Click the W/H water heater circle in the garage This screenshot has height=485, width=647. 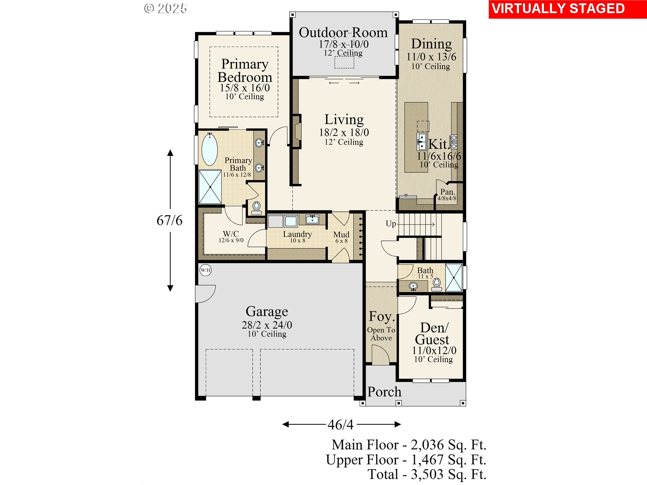(206, 270)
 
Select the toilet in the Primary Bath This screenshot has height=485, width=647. (256, 208)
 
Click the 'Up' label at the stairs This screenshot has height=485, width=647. (391, 224)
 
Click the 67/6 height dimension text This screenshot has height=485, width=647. (170, 221)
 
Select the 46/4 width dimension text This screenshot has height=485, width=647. (341, 425)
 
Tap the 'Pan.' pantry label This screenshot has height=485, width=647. (448, 192)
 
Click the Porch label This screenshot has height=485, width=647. (384, 392)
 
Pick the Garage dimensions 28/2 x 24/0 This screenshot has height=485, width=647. (267, 325)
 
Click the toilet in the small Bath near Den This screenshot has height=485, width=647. (437, 284)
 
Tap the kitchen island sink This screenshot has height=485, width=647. (422, 141)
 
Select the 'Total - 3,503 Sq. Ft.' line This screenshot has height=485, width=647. (427, 474)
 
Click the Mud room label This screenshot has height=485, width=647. (341, 234)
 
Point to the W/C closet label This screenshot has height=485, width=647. (231, 234)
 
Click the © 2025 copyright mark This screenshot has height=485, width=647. (165, 8)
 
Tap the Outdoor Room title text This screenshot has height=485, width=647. (343, 33)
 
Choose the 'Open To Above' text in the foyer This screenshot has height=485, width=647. (381, 334)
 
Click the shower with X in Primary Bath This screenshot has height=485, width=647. (210, 187)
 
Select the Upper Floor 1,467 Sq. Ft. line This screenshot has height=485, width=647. (406, 460)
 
